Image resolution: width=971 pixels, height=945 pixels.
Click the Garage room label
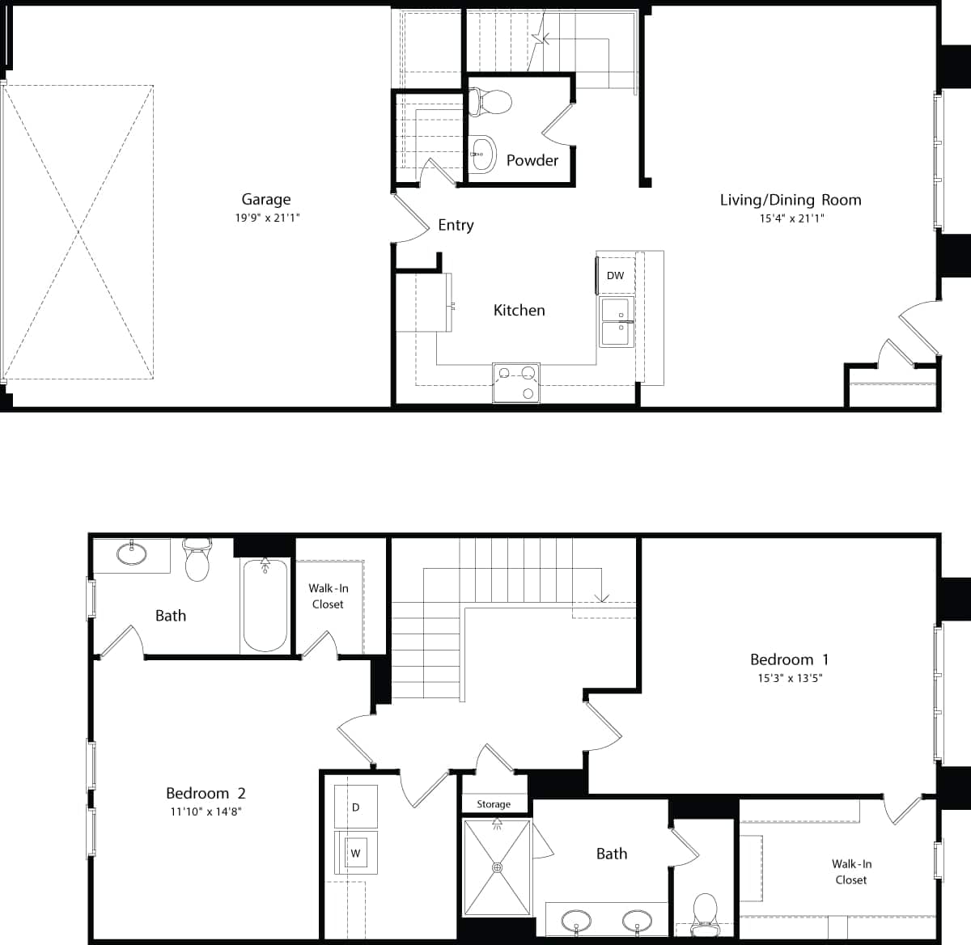265,199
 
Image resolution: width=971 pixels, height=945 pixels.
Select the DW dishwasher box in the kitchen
616,276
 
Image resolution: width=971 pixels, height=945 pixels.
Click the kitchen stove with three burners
516,383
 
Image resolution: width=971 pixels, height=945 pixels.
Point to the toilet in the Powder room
490,102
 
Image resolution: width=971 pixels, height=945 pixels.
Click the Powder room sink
482,153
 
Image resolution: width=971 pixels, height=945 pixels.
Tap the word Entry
456,225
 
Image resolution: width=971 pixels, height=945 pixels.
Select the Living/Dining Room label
791,200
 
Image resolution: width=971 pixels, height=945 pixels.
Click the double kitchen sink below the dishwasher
617,323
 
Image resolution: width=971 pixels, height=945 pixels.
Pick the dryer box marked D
356,807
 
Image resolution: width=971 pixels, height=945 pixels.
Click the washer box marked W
356,853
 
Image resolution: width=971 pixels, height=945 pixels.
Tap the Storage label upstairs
494,804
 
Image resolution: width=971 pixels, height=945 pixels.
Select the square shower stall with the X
498,868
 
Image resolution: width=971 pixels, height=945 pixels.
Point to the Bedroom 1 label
789,659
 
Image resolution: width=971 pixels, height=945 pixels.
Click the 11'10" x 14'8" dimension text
206,812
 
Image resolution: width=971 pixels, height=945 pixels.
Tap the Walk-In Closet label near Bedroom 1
851,871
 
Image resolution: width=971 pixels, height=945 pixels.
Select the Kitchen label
519,310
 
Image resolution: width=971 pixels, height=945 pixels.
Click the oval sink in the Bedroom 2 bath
132,554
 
